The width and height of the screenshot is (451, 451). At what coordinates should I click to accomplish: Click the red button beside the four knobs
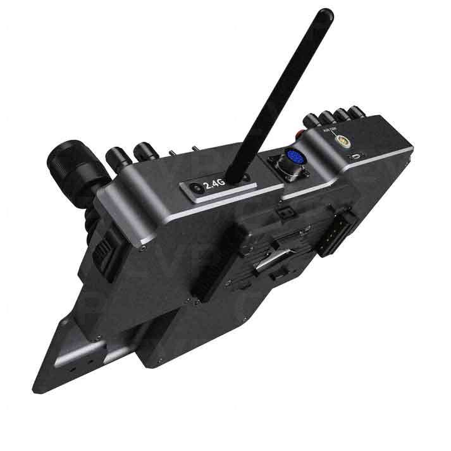(x=301, y=132)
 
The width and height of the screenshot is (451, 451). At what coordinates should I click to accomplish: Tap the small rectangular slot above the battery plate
(x=286, y=208)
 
